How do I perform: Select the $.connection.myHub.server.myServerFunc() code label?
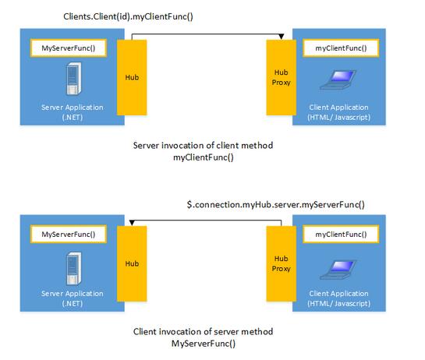[x=275, y=205]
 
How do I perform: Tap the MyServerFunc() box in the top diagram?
[x=67, y=48]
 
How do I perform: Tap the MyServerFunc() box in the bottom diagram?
[x=67, y=234]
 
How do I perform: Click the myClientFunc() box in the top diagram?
[x=337, y=48]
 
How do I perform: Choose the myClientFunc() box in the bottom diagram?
[x=337, y=234]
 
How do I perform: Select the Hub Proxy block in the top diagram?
[x=280, y=78]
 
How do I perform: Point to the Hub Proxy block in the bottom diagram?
[x=280, y=264]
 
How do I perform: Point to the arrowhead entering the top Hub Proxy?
[x=280, y=36]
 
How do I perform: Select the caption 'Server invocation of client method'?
[x=203, y=146]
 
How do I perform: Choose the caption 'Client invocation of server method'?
[x=203, y=332]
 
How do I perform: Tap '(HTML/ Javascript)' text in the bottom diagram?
[x=337, y=303]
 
